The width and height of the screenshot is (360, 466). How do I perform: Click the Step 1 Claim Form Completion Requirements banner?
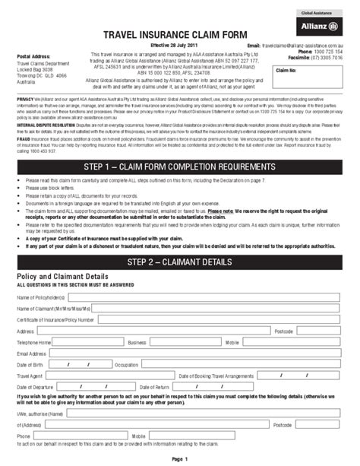click(x=180, y=166)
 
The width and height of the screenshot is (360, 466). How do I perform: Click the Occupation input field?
click(x=243, y=364)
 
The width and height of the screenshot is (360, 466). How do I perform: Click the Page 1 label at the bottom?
click(x=179, y=459)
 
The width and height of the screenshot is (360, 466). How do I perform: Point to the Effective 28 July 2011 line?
click(x=165, y=46)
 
